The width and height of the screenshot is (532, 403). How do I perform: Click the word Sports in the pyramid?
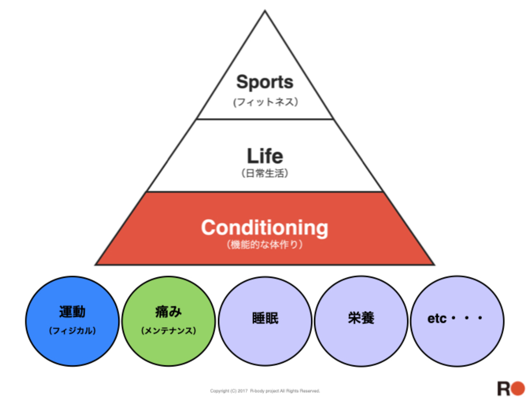click(x=265, y=82)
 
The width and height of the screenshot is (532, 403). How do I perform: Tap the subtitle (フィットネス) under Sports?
click(x=265, y=102)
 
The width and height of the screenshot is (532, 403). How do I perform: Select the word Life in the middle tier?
click(x=265, y=156)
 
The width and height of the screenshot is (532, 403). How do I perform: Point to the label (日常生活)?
click(x=265, y=173)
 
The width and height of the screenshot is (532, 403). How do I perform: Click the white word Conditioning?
click(x=265, y=227)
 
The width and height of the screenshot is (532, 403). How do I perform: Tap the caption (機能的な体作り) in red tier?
click(x=265, y=245)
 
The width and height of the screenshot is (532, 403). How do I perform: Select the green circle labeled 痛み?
click(x=168, y=347)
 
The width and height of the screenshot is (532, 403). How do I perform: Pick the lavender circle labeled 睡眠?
click(x=265, y=341)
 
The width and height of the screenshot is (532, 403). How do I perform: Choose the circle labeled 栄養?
click(x=361, y=341)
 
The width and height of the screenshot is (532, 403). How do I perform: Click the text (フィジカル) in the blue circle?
click(x=72, y=330)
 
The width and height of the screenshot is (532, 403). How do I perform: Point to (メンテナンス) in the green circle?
click(x=168, y=330)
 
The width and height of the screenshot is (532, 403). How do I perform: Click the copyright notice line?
click(x=265, y=391)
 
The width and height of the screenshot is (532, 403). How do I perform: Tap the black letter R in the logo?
click(x=503, y=389)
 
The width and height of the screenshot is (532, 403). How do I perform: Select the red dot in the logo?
click(x=518, y=388)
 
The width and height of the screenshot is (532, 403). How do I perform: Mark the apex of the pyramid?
click(x=265, y=11)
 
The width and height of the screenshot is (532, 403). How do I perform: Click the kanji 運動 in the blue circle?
click(x=72, y=312)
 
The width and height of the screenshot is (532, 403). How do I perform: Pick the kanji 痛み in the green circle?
click(x=168, y=312)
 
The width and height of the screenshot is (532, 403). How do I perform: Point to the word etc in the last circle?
click(x=437, y=318)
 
